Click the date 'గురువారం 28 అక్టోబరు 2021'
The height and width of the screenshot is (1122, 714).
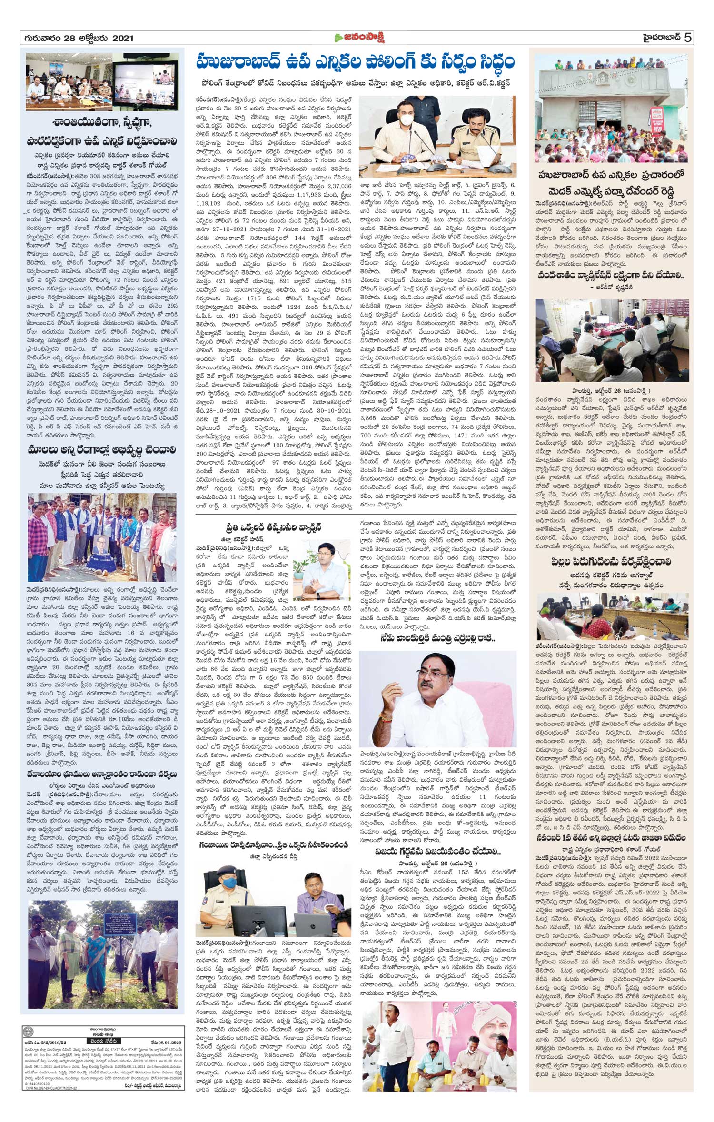[x=77, y=39]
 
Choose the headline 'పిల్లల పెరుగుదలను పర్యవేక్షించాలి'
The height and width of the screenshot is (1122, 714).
[x=611, y=562]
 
